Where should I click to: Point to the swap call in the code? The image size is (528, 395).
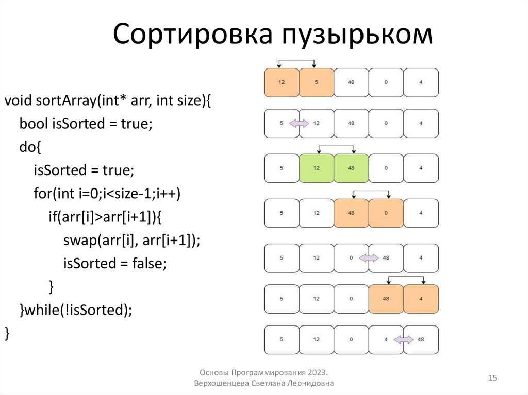click(x=78, y=240)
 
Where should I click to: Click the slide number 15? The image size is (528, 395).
click(x=492, y=379)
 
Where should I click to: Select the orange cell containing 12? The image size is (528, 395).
click(x=281, y=82)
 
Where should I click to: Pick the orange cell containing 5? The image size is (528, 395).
click(x=316, y=82)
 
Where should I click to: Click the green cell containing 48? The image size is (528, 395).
click(x=351, y=168)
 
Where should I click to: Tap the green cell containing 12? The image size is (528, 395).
click(x=316, y=168)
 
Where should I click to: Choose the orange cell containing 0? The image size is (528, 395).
click(x=386, y=213)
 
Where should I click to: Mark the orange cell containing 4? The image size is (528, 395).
click(x=421, y=298)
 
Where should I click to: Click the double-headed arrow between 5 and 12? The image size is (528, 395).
click(x=299, y=123)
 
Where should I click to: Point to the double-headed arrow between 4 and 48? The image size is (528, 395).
click(x=404, y=339)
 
